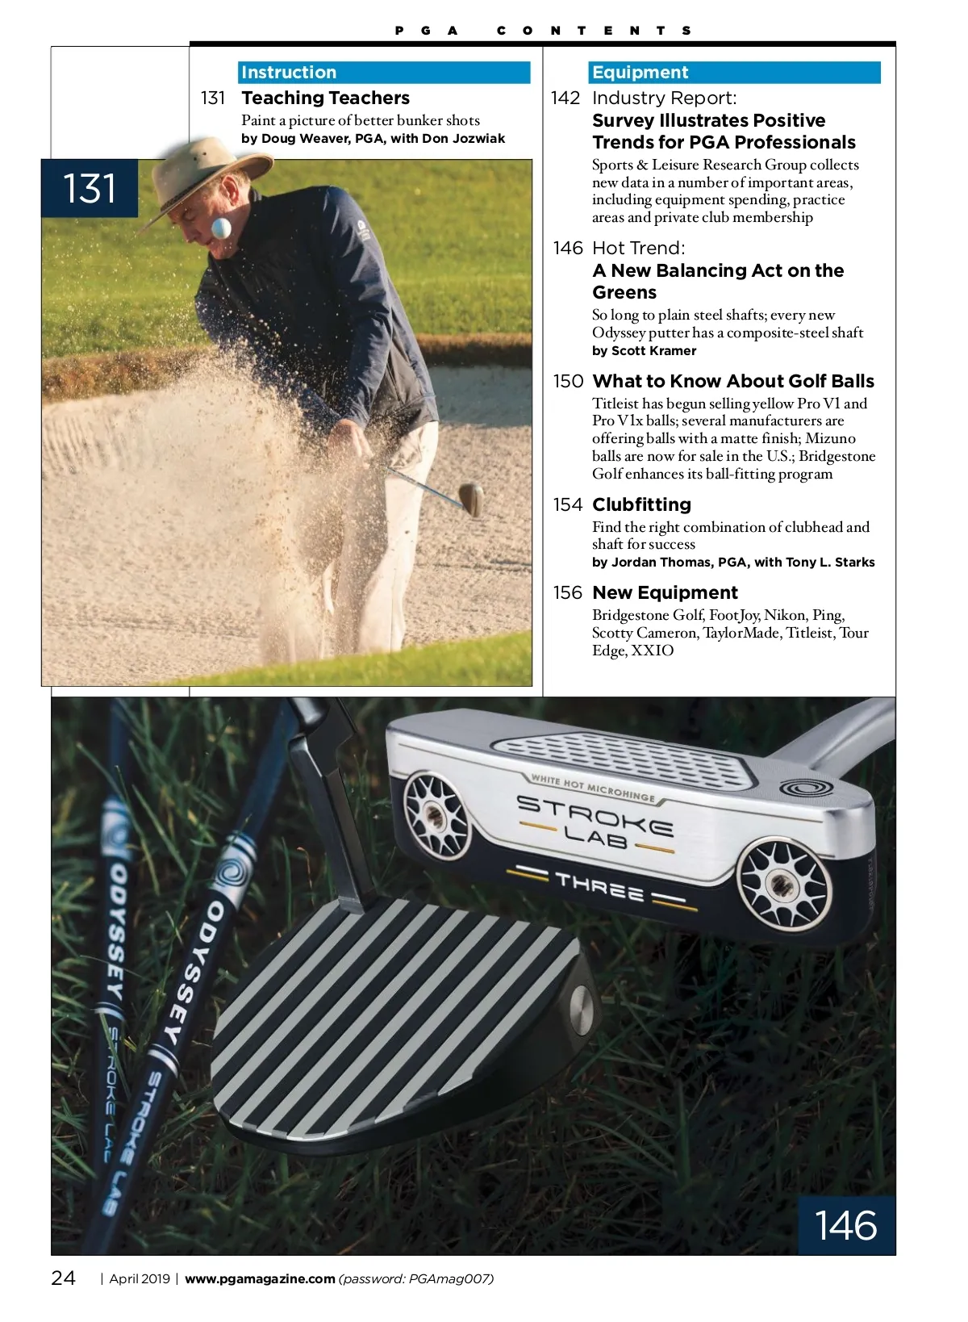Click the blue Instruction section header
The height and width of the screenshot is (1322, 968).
point(384,73)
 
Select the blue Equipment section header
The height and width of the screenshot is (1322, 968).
point(734,73)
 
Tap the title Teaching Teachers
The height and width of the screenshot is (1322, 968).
point(325,98)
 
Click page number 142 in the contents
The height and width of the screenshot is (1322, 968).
point(565,98)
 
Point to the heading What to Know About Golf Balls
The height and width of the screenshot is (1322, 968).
point(732,382)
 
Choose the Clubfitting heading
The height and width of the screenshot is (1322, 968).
point(641,505)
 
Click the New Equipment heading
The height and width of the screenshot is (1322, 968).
point(665,593)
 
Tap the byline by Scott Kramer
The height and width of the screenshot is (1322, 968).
point(644,351)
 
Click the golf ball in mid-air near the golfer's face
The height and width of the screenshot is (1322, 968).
point(221,228)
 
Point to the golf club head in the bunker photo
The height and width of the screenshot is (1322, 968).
point(471,498)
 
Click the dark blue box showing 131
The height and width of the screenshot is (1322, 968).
point(90,189)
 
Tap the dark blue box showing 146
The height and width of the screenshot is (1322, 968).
point(846,1225)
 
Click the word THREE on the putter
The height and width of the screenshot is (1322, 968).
point(599,885)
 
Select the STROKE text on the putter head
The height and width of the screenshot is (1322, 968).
point(595,814)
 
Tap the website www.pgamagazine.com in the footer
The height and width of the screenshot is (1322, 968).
point(260,1278)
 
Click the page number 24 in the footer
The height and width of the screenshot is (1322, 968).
point(64,1278)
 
